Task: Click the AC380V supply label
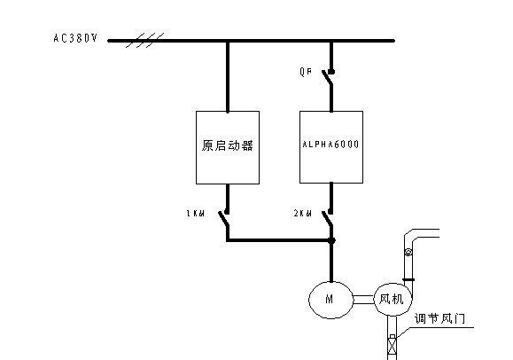point(75,38)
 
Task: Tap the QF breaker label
point(306,72)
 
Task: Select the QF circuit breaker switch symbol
point(328,78)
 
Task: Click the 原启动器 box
point(228,147)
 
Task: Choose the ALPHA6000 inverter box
point(331,147)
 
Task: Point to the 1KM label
point(195,214)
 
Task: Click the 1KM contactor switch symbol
point(224,218)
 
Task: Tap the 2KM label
point(303,214)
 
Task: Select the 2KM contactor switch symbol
point(328,218)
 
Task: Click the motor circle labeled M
point(331,300)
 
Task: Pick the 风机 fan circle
point(393,300)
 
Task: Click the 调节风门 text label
point(439,318)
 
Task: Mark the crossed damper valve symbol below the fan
point(392,347)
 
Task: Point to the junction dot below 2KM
point(331,240)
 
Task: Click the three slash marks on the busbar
point(145,40)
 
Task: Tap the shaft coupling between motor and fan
point(364,300)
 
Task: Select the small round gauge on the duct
point(408,252)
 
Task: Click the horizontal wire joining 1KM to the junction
point(279,240)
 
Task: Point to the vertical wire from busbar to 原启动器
point(228,76)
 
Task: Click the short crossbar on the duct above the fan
point(408,279)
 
